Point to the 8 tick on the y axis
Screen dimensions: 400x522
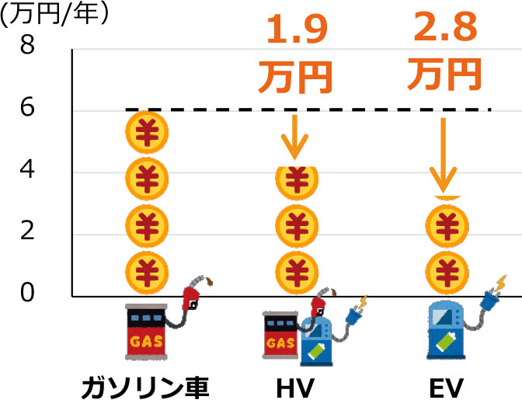(27, 47)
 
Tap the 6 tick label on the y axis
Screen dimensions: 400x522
(27, 109)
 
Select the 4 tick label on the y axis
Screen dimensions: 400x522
(27, 170)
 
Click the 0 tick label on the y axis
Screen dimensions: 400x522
(27, 294)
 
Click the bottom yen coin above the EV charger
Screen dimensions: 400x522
(445, 272)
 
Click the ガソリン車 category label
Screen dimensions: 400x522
(145, 386)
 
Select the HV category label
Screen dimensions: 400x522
(294, 386)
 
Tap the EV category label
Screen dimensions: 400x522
(444, 386)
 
